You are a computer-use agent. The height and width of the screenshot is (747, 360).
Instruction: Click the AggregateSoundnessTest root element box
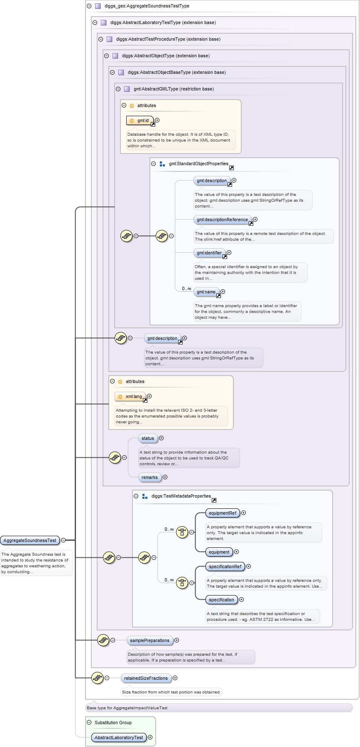tap(30, 540)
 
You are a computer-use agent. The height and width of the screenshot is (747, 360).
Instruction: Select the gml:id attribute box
tap(140, 120)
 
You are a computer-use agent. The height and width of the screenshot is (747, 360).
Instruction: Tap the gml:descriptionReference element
tap(222, 220)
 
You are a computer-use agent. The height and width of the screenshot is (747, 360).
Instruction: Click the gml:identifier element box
tap(209, 253)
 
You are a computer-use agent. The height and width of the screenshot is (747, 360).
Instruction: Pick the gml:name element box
tap(206, 292)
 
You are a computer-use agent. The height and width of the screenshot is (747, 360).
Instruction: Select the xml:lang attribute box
tap(130, 396)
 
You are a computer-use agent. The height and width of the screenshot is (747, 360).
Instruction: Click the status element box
tap(148, 438)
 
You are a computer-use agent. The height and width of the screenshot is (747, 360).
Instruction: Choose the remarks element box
tap(149, 477)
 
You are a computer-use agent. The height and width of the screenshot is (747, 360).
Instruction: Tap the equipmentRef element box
tap(223, 513)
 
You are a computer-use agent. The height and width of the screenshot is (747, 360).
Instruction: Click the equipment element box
tap(219, 552)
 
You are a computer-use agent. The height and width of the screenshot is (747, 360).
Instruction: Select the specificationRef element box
tap(225, 566)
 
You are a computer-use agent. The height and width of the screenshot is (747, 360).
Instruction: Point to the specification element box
tap(221, 600)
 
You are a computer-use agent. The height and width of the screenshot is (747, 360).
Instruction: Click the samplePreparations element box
tap(149, 640)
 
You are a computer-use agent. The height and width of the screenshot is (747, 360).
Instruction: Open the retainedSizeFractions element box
tap(146, 678)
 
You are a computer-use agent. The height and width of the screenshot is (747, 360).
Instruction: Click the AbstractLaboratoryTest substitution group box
tap(119, 737)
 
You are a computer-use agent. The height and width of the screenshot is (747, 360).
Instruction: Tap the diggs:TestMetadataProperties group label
tap(181, 496)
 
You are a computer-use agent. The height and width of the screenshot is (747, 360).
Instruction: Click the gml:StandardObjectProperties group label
tap(198, 164)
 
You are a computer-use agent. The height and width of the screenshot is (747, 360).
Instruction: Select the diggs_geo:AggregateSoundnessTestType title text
tap(147, 6)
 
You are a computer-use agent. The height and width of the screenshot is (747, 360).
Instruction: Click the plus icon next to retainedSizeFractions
tap(175, 678)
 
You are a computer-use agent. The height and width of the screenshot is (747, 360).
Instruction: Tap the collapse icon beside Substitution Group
tap(89, 723)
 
